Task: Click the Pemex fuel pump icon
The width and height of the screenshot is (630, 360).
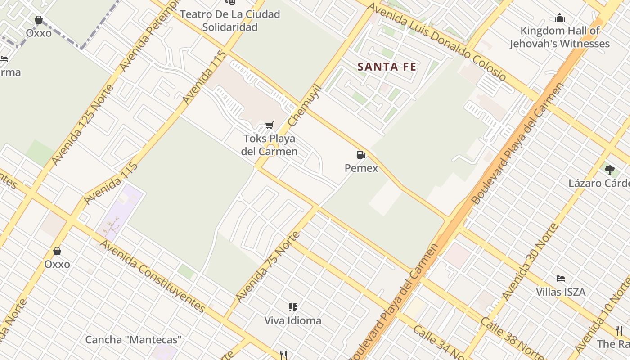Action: coord(361,155)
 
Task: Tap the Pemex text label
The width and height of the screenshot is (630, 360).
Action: coord(361,168)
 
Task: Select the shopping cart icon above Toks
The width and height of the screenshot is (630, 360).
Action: coord(269,125)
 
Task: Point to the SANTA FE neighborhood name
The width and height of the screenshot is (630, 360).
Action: coord(387,67)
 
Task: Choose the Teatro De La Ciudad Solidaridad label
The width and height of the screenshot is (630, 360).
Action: coord(230,21)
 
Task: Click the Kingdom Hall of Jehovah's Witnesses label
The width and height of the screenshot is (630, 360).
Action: coord(559,37)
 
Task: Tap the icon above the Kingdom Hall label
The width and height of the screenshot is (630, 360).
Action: coord(560,18)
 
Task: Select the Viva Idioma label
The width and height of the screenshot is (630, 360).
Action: coord(292,321)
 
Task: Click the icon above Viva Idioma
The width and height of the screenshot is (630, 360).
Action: coord(293,307)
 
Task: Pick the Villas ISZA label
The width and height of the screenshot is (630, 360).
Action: coord(561,292)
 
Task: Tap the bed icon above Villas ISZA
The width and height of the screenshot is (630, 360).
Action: coord(561,279)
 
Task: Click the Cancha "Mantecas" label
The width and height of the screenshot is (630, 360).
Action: coord(133,340)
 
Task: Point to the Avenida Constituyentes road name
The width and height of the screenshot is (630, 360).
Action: coord(153,276)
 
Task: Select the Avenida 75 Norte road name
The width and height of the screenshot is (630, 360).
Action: coord(267,267)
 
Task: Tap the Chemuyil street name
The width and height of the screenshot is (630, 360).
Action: coord(305,105)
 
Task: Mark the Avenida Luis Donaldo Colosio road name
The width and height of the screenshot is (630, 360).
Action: coord(436,42)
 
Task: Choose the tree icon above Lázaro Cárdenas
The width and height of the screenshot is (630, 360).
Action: coord(610,170)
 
